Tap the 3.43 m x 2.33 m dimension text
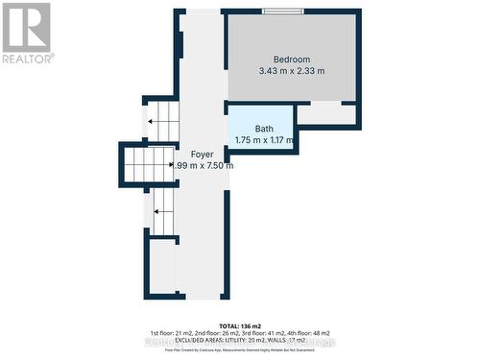point(292,71)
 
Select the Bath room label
point(264,130)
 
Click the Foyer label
point(202,155)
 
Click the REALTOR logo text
point(27,58)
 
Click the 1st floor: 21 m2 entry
point(176,331)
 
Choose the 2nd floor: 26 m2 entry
point(223,331)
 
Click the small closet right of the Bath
point(325,113)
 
